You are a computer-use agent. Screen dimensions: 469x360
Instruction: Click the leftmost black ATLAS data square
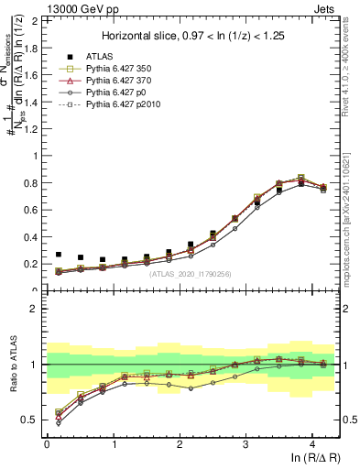point(59,255)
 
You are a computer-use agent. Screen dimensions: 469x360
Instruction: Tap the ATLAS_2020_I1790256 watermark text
point(191,273)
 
